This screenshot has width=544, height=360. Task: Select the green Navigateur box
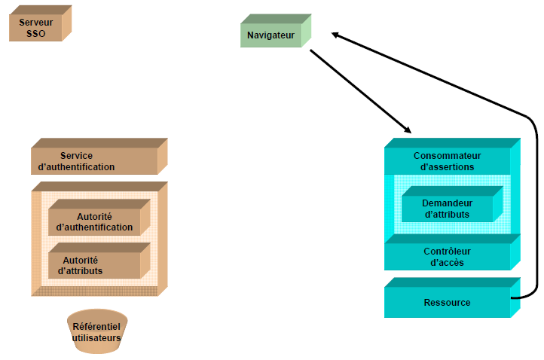click(270, 35)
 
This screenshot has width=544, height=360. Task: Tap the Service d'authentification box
click(94, 161)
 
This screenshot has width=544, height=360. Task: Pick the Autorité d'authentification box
click(94, 221)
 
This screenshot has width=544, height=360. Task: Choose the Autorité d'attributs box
click(94, 265)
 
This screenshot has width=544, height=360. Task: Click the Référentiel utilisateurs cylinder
click(96, 331)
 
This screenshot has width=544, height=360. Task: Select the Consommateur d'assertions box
click(447, 161)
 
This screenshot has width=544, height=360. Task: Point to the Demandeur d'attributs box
click(447, 209)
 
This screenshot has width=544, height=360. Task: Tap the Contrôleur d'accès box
click(447, 257)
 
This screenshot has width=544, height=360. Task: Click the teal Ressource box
click(447, 302)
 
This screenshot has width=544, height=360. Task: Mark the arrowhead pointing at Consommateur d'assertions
click(407, 130)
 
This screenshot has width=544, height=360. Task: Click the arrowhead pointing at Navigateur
click(336, 34)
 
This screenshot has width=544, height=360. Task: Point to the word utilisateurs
click(96, 338)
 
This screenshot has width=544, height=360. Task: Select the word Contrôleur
click(447, 252)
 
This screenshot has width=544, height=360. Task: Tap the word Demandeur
click(447, 203)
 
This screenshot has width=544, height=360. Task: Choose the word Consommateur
click(447, 156)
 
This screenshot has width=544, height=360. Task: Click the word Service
click(76, 156)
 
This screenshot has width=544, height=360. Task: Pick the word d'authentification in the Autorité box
click(94, 227)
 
